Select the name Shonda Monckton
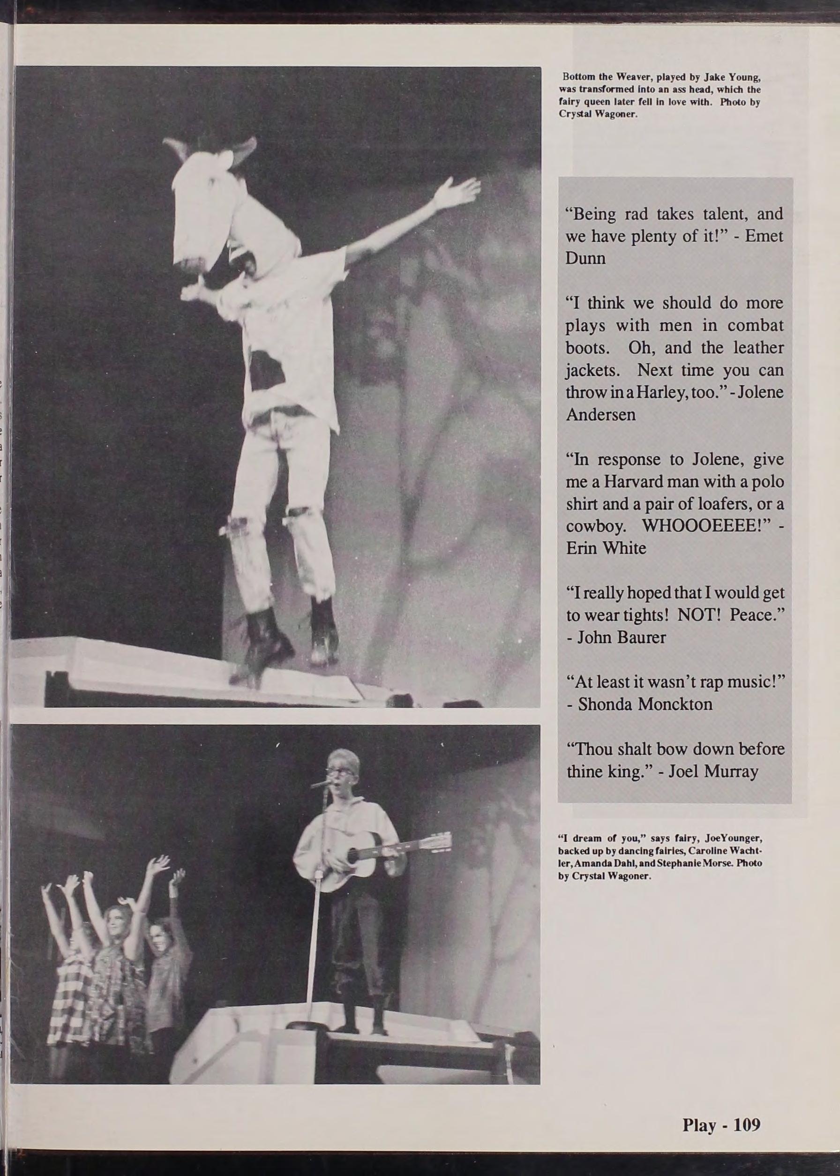coord(645,704)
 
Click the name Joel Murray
coord(713,772)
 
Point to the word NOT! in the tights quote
coord(704,614)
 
